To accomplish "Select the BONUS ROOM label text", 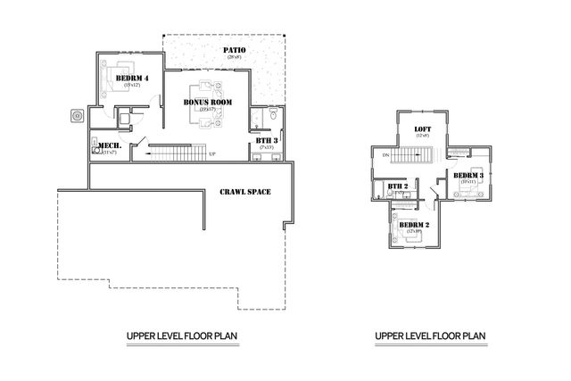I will point(208,103).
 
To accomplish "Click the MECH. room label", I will point(110,145).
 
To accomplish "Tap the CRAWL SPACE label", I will point(244,192).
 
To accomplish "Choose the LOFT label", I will point(423,128).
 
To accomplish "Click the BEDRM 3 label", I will point(468,175).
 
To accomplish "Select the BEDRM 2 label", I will point(414,224).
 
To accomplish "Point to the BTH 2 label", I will point(398,186).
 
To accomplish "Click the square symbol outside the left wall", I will point(78,114).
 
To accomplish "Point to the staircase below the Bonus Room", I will point(178,154).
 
